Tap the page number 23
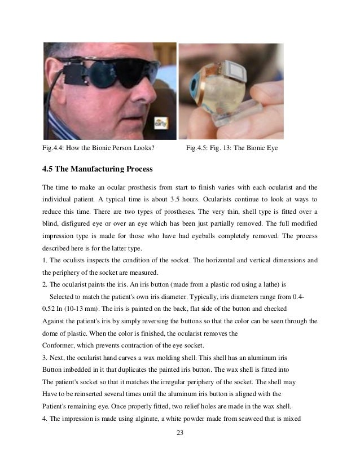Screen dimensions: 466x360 pyautogui.click(x=179, y=433)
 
